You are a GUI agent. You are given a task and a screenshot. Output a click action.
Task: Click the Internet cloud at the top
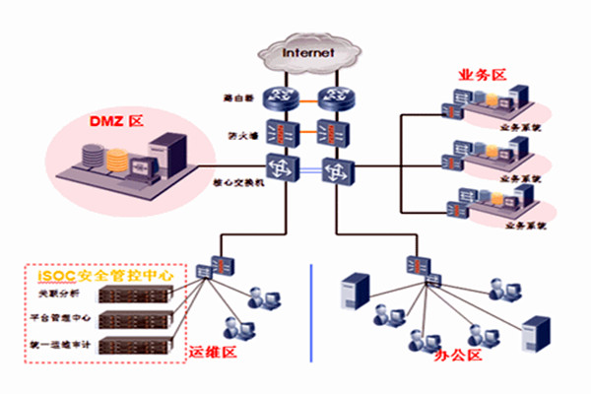point(307,52)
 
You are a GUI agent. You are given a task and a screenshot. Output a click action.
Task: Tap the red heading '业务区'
point(482,75)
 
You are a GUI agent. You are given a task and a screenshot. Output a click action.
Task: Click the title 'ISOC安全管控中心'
point(98,275)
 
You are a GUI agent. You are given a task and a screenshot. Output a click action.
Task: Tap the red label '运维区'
point(210,351)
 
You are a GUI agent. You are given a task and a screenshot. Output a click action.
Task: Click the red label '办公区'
point(458,355)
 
